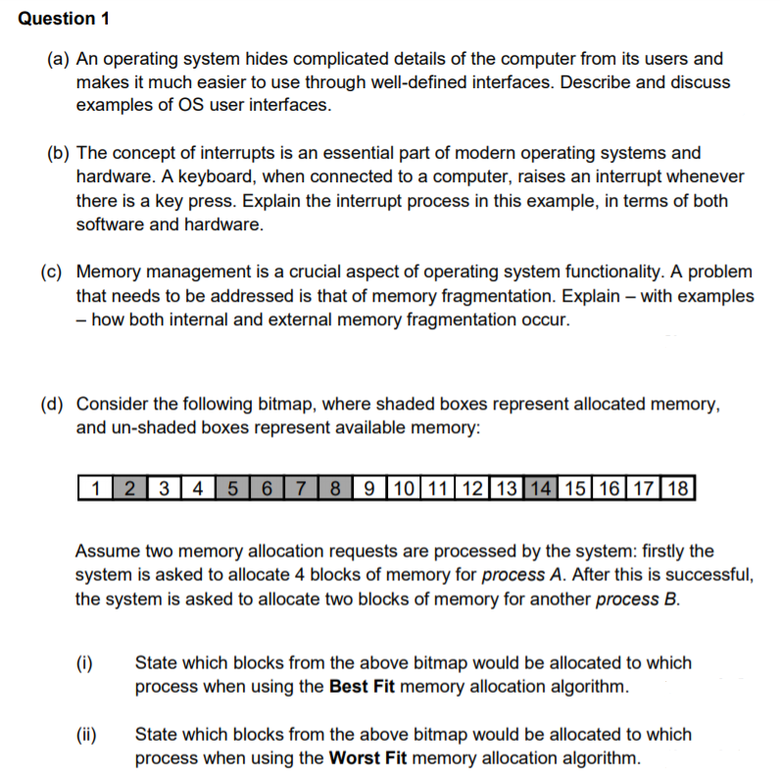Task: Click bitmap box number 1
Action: click(x=95, y=486)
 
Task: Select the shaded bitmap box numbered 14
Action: click(x=539, y=486)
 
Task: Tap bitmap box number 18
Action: click(x=675, y=486)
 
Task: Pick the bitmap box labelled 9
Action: click(x=369, y=486)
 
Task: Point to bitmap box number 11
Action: click(x=438, y=486)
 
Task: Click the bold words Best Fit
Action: click(x=362, y=686)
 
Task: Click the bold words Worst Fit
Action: click(x=370, y=757)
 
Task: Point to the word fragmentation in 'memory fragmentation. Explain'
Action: click(x=455, y=296)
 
